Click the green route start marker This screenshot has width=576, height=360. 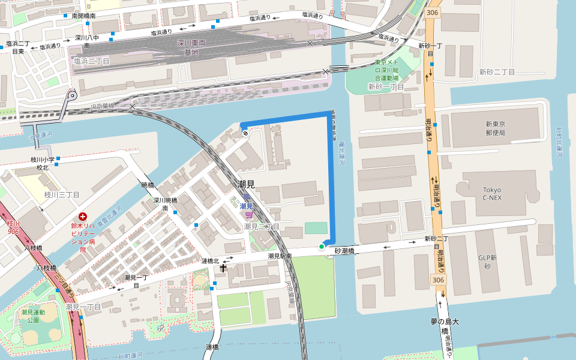[x=322, y=246]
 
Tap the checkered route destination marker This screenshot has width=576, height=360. [x=245, y=133]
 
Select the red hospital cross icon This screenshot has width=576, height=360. [x=83, y=216]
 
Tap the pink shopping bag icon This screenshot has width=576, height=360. [x=248, y=215]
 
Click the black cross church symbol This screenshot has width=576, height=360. [x=223, y=268]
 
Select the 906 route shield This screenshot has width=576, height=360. [x=13, y=232]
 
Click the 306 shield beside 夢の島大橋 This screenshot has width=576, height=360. [x=438, y=280]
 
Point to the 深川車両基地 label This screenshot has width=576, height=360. [x=191, y=48]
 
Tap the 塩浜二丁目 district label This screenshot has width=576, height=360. [x=91, y=61]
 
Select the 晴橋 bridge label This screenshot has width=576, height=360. [x=148, y=185]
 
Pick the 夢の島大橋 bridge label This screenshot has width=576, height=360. [x=445, y=326]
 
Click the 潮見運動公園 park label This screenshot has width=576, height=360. [x=33, y=316]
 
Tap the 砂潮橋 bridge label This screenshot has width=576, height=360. [x=346, y=251]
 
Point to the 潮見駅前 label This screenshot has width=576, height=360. [x=280, y=256]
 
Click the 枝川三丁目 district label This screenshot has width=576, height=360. [x=62, y=195]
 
